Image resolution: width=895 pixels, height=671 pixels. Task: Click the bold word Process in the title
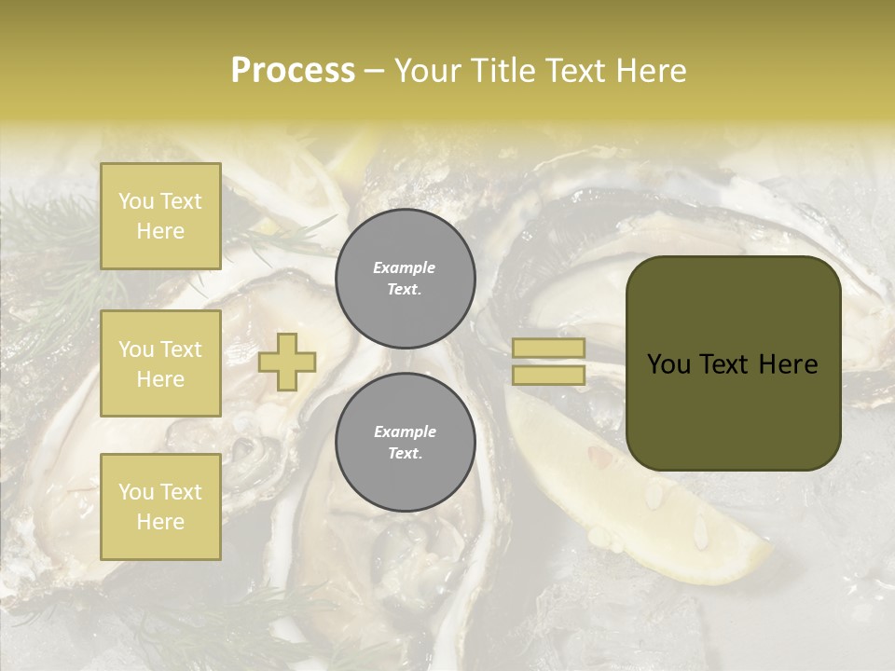pyautogui.click(x=293, y=71)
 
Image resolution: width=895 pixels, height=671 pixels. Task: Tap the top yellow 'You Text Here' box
pyautogui.click(x=160, y=216)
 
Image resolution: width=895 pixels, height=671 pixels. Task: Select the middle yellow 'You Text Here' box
pyautogui.click(x=160, y=363)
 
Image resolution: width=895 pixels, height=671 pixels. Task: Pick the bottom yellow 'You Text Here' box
pyautogui.click(x=160, y=507)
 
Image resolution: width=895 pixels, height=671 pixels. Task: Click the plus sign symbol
pyautogui.click(x=287, y=362)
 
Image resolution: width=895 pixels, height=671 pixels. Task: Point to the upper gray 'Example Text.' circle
pyautogui.click(x=405, y=279)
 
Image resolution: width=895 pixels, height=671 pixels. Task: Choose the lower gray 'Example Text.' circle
pyautogui.click(x=405, y=443)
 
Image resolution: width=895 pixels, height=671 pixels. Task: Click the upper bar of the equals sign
pyautogui.click(x=549, y=348)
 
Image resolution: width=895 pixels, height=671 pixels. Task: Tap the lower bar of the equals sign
pyautogui.click(x=549, y=375)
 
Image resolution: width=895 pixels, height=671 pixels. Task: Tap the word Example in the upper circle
pyautogui.click(x=405, y=267)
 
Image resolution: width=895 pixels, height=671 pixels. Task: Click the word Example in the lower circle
pyautogui.click(x=405, y=431)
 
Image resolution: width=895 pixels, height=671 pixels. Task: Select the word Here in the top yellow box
pyautogui.click(x=160, y=231)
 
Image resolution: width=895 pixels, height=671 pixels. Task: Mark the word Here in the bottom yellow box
pyautogui.click(x=160, y=522)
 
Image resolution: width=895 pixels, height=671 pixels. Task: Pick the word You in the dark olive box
pyautogui.click(x=668, y=364)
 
